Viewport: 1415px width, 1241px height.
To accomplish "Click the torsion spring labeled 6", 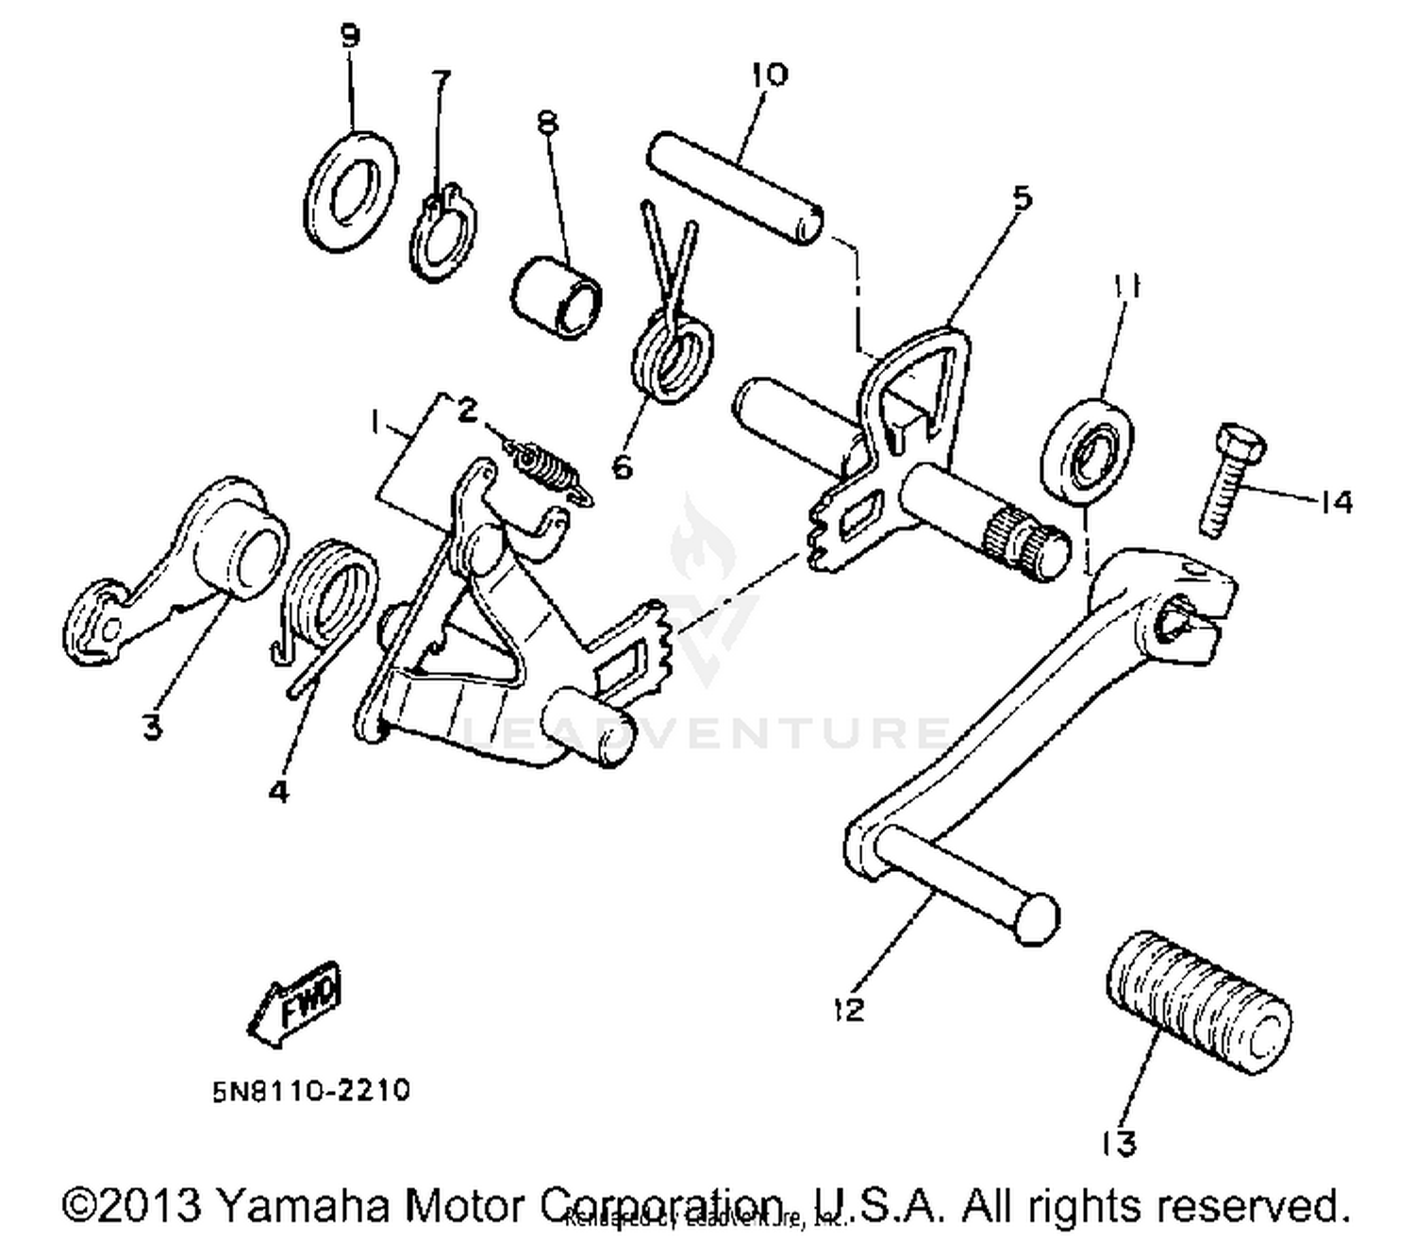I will (x=673, y=354).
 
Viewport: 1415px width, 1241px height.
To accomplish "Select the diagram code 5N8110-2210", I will (x=310, y=1091).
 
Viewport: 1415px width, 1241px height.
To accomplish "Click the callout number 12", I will (x=848, y=1009).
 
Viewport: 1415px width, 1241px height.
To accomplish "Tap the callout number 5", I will (x=1022, y=198).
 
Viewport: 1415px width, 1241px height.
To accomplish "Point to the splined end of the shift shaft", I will (x=1024, y=543).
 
